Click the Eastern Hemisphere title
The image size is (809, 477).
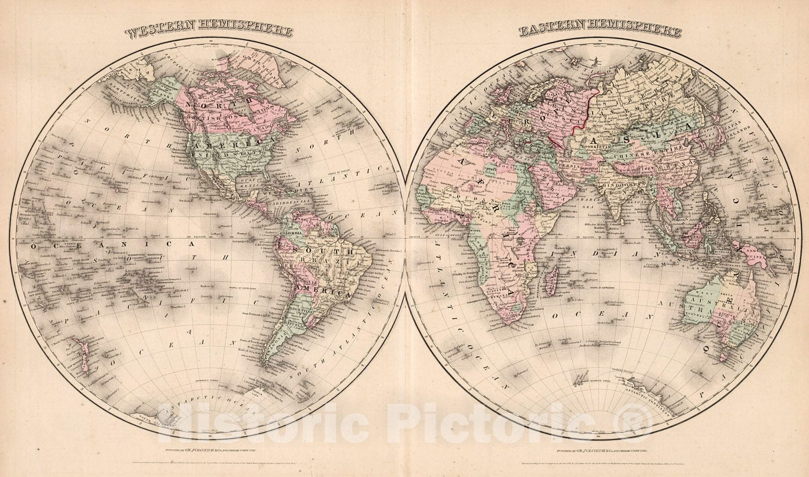(x=599, y=32)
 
